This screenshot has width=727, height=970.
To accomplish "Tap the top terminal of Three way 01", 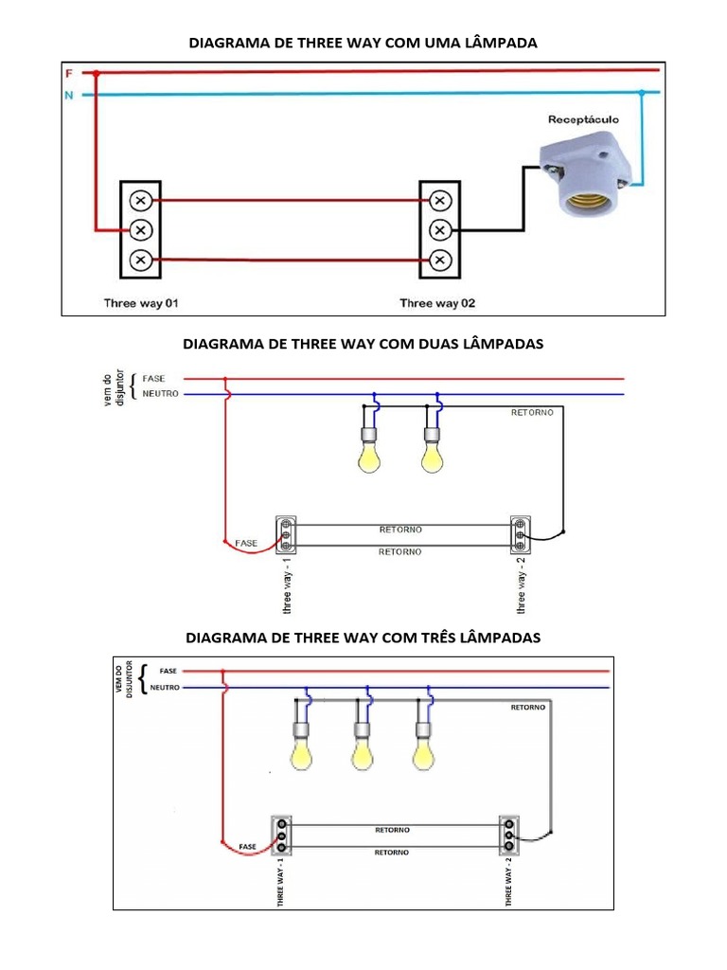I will click(140, 200).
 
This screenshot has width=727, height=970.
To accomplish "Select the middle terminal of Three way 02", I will click(439, 230).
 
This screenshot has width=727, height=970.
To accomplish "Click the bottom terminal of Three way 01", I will click(140, 260).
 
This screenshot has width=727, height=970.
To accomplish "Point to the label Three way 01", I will click(141, 303).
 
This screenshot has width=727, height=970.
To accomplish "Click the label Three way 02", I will click(437, 303).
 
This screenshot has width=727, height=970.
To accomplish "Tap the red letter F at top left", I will click(69, 73).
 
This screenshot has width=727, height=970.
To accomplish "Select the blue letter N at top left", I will click(69, 95).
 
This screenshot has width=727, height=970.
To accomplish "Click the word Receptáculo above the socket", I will click(584, 120).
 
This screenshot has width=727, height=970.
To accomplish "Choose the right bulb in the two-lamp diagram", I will click(434, 454).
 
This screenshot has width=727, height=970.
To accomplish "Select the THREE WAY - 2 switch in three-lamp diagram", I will click(509, 833).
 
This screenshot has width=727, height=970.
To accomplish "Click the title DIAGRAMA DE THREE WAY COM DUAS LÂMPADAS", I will click(363, 344).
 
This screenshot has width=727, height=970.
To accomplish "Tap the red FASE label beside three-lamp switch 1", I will click(248, 845).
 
